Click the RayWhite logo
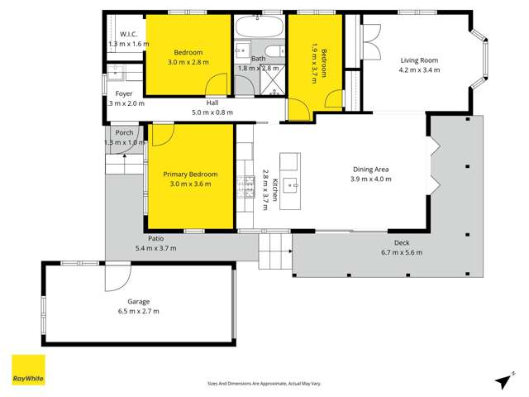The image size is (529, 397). tap(28, 371)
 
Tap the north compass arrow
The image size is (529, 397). tap(501, 380)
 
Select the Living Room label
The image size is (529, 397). tap(419, 60)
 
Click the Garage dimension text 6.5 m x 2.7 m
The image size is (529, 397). tap(138, 311)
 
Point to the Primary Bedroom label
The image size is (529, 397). tap(190, 175)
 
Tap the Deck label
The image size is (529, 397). tap(402, 242)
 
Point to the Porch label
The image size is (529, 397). tap(124, 132)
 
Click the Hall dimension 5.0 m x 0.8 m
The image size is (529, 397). tap(212, 112)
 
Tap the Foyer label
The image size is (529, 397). tap(124, 93)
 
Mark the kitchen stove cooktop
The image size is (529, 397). tap(245, 187)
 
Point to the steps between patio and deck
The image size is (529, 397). tap(275, 248)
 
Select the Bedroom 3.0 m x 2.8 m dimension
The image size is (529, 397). tap(188, 62)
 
